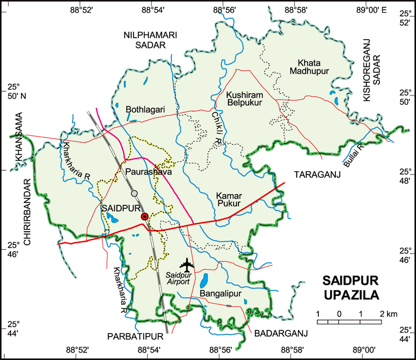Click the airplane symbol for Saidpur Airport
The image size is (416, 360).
[187, 264]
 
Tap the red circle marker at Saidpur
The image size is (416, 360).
[144, 216]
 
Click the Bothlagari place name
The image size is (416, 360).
[145, 109]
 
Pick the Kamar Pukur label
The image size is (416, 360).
[228, 199]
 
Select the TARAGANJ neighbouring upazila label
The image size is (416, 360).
[317, 174]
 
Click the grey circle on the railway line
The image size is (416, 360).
[135, 193]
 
